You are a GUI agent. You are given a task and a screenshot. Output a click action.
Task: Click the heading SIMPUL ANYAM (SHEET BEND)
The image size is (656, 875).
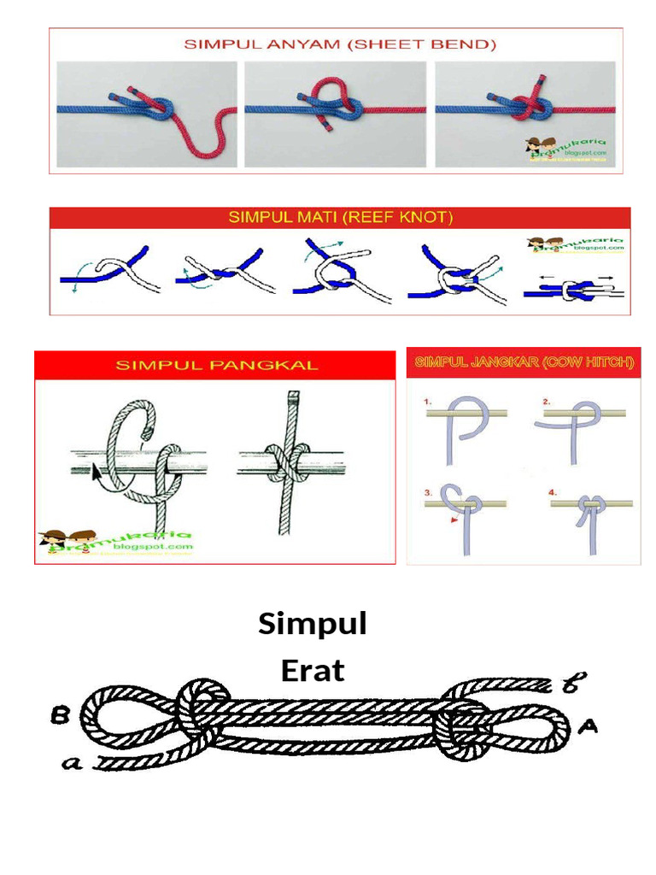(x=340, y=44)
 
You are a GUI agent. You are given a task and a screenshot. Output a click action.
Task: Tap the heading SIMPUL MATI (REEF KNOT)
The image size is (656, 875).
(x=340, y=218)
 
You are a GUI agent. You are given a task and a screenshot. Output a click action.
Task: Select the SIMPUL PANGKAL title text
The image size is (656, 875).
(x=216, y=365)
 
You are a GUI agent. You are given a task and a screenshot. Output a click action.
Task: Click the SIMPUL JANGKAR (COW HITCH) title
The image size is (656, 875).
(x=524, y=362)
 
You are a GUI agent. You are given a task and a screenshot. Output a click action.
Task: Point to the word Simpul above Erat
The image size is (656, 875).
(x=313, y=625)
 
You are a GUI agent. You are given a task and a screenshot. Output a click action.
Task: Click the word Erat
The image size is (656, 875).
(x=313, y=671)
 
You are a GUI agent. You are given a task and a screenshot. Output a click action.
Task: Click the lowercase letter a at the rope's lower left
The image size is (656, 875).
(x=73, y=763)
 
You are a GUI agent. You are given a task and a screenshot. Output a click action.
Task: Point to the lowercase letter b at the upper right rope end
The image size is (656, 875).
(x=571, y=684)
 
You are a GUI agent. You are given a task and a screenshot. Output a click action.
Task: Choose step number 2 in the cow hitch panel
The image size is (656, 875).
(x=546, y=401)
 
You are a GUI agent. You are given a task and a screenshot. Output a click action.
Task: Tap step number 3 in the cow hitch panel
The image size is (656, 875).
(x=428, y=492)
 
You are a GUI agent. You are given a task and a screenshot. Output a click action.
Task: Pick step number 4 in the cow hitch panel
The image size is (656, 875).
(x=552, y=492)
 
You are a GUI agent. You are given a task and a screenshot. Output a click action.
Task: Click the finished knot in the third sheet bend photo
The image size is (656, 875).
(x=534, y=108)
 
